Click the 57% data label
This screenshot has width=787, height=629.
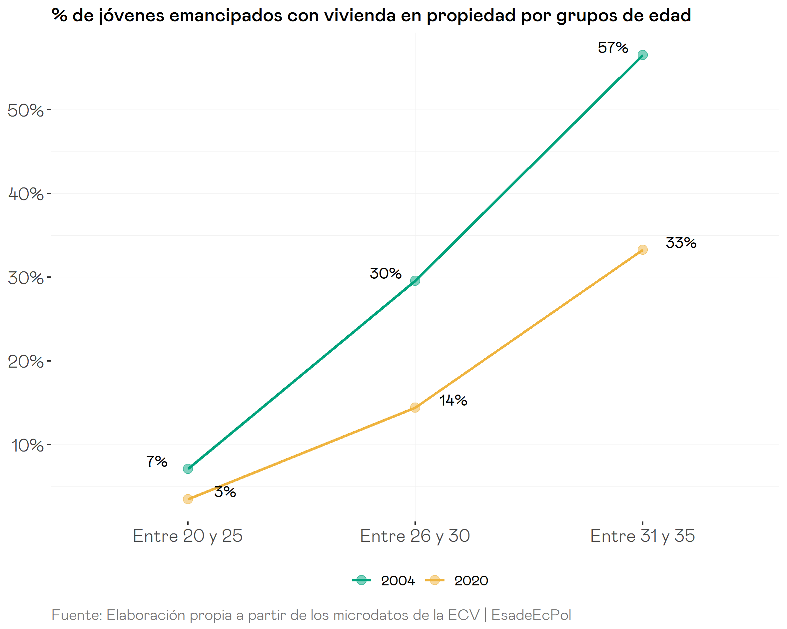coord(612,48)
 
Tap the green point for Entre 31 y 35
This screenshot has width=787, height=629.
coord(642,55)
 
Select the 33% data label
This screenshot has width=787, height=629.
coord(681,243)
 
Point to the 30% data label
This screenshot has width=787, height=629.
coord(386,273)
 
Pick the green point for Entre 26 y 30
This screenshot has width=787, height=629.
coord(415,281)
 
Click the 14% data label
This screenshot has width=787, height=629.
coord(453,400)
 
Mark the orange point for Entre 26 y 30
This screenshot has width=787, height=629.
coord(415,407)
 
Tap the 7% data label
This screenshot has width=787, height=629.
coord(157,462)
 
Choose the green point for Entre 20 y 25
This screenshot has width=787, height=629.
coord(188,469)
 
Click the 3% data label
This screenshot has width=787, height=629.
coord(225,492)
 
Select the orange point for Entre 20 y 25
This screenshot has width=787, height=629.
coord(188,499)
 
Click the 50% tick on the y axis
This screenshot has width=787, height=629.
coord(26,110)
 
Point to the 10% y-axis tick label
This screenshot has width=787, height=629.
coord(27,446)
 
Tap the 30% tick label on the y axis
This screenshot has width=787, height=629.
coord(26,278)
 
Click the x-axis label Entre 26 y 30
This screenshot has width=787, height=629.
coord(415,536)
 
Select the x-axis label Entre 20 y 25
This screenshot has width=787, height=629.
coord(188,536)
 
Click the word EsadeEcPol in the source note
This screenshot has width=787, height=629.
coord(531,615)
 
